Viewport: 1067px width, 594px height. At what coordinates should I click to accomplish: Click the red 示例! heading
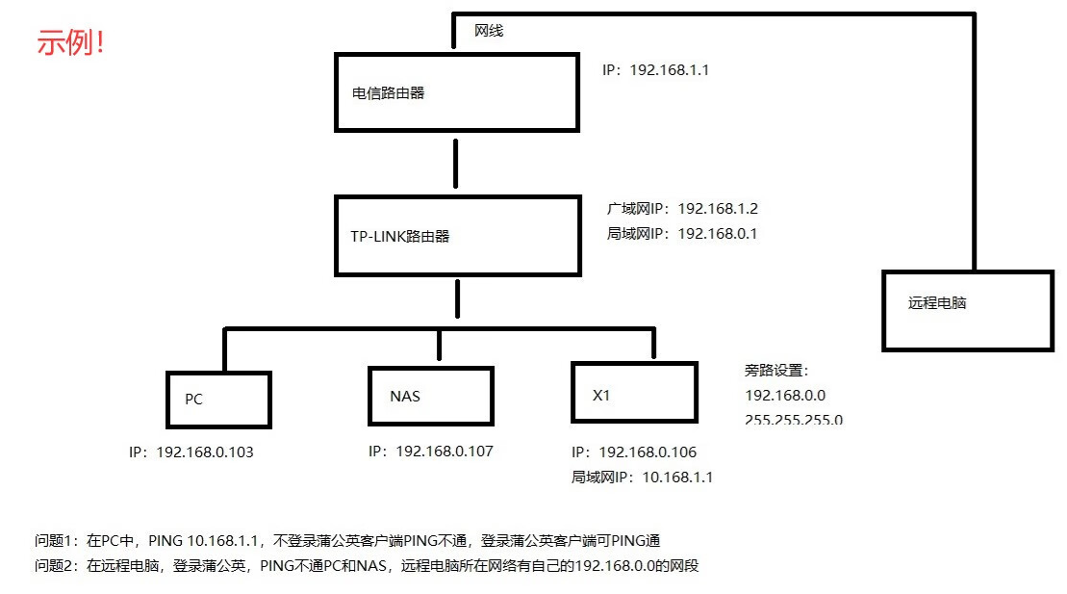click(70, 43)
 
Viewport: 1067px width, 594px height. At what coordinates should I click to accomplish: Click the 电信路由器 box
click(457, 92)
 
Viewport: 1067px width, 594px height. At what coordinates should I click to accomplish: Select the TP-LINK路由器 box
click(458, 235)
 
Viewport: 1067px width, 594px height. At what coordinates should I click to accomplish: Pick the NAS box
click(430, 396)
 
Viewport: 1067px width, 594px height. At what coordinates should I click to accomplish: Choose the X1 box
click(634, 393)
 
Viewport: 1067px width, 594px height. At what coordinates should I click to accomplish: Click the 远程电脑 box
click(968, 310)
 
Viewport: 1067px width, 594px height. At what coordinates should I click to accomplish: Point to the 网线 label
click(489, 31)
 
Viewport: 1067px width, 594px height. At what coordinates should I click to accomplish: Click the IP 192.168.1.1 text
click(655, 70)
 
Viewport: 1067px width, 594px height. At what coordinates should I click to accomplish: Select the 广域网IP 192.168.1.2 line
click(682, 208)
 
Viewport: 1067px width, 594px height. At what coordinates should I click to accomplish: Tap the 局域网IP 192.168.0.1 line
click(681, 233)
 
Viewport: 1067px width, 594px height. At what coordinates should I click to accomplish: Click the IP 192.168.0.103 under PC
click(191, 452)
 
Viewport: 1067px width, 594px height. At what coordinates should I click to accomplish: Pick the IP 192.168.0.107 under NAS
click(430, 451)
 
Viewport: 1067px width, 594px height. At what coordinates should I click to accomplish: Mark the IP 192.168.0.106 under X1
click(633, 452)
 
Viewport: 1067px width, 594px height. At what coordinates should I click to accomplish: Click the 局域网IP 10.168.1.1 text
click(642, 477)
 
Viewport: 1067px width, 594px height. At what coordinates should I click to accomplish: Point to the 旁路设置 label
click(776, 371)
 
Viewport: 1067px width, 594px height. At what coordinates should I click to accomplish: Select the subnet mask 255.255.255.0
click(793, 420)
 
